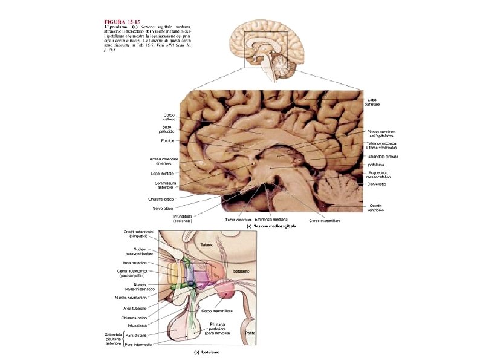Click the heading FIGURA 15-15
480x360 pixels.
pos(123,22)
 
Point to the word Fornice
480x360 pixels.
pos(167,141)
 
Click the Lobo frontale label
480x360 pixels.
pos(162,173)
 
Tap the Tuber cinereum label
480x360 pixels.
pos(238,220)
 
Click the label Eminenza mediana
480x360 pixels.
pos(270,220)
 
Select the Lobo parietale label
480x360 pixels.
pos(372,102)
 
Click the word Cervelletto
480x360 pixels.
pos(380,184)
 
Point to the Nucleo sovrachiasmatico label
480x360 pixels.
pos(134,287)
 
